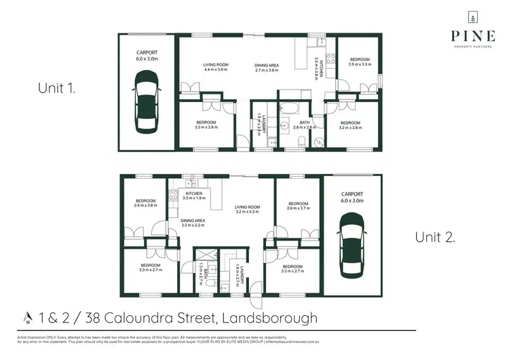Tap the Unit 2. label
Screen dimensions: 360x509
click(x=435, y=237)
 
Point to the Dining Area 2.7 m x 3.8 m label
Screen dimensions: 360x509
click(x=267, y=67)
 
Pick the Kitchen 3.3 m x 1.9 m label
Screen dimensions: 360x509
click(x=194, y=196)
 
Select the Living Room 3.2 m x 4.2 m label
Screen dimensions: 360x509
click(x=248, y=210)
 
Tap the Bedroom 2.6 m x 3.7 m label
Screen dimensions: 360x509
click(x=299, y=206)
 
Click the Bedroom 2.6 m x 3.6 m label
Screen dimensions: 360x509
click(x=145, y=203)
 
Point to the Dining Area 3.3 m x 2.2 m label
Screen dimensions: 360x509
click(x=193, y=223)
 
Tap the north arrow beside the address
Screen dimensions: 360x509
click(x=28, y=317)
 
